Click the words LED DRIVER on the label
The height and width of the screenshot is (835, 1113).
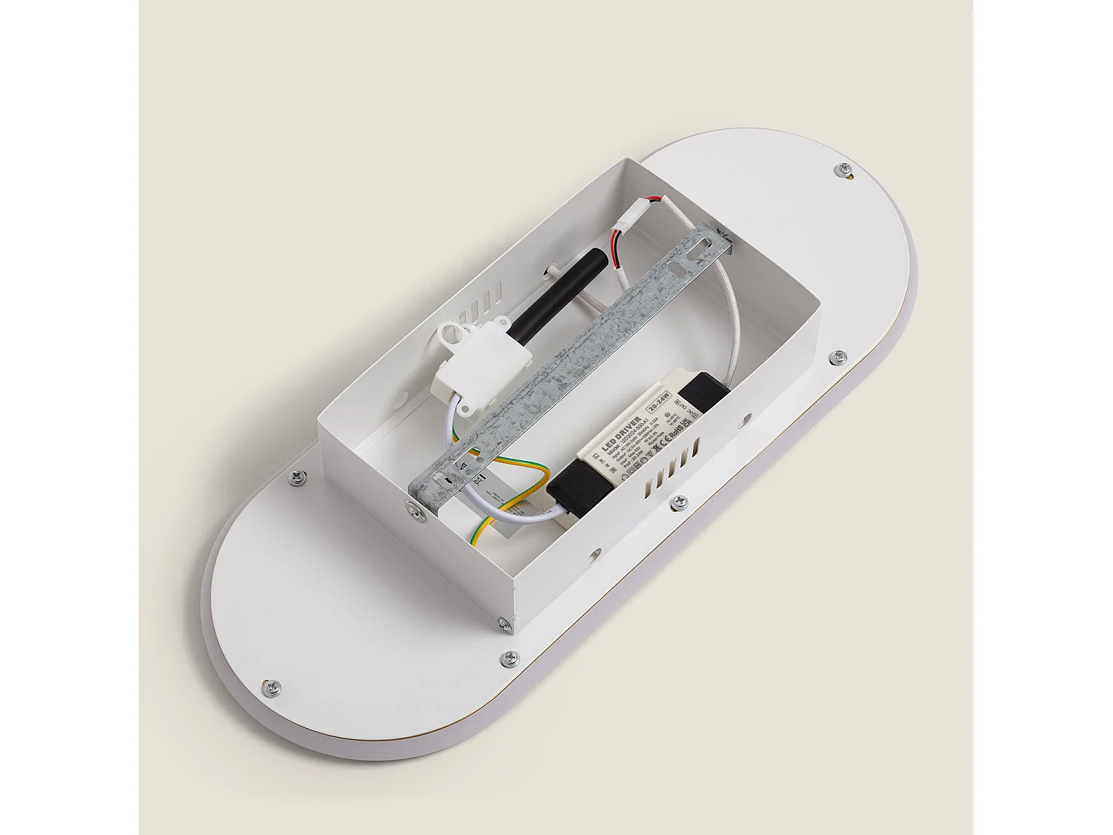coord(618,431)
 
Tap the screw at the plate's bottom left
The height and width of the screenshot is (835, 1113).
coord(271,687)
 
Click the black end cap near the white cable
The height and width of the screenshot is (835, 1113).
coord(577,486)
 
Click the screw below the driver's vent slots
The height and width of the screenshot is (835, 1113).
coord(677,504)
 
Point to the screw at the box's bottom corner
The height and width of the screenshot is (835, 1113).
coord(505,623)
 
